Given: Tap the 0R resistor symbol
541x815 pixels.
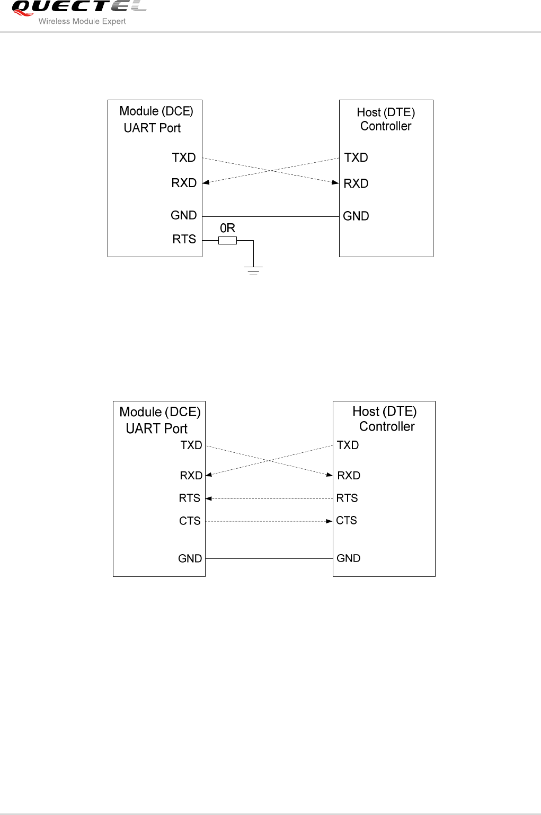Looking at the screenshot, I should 227,241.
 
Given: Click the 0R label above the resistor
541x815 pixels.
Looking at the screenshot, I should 227,228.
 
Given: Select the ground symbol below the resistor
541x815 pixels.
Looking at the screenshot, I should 254,270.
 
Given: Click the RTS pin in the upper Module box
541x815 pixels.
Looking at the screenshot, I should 184,239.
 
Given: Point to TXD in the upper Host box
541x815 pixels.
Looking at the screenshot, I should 356,157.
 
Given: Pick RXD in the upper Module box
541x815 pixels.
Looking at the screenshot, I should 184,183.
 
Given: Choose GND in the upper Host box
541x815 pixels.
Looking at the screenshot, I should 356,216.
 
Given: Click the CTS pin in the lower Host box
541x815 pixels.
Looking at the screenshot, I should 347,521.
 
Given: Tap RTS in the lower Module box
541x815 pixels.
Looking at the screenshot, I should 189,498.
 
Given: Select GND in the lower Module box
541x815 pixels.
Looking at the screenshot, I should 190,558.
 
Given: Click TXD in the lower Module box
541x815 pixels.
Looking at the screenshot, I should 191,445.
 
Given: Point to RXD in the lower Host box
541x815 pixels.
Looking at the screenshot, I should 349,476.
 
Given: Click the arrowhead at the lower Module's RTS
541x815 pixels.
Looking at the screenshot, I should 209,498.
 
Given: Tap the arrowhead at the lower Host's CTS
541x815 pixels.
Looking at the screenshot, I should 329,521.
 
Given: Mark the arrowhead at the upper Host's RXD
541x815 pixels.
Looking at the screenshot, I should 335,182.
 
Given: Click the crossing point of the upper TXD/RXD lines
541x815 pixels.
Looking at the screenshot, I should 271,170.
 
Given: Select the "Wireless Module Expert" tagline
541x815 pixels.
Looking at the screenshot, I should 82,21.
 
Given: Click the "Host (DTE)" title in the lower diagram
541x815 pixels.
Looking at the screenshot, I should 384,411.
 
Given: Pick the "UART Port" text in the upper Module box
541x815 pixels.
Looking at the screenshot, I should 152,128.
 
